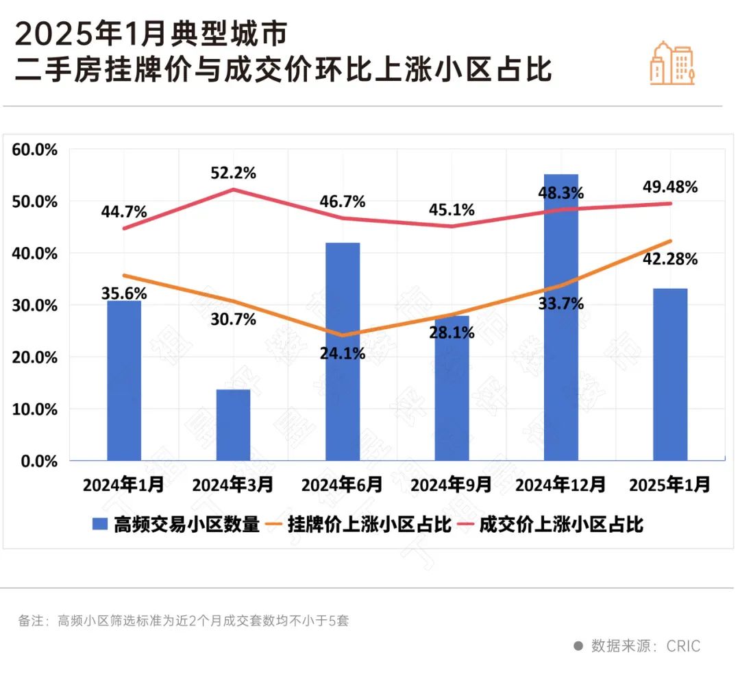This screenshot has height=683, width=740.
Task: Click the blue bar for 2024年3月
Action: coord(233,424)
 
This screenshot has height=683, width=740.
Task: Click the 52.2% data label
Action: coord(234,173)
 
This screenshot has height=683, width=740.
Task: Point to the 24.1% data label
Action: coord(343,355)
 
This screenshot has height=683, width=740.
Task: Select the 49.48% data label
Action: coord(670,187)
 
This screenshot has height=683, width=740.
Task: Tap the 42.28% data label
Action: coord(670,259)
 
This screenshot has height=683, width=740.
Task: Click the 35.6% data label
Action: coord(124,293)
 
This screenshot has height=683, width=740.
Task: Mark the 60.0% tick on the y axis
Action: coord(35,150)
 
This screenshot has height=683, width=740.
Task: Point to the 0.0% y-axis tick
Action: coord(38,461)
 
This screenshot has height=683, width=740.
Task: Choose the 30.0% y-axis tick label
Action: coord(35,305)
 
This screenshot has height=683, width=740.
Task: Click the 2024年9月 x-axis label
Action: coord(451,486)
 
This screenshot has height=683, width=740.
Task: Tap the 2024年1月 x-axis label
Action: coord(124,486)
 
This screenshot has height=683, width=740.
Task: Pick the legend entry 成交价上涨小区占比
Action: coord(561,525)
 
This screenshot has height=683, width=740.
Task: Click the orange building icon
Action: coord(672,63)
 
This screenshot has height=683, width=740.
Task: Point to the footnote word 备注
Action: coord(30,621)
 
